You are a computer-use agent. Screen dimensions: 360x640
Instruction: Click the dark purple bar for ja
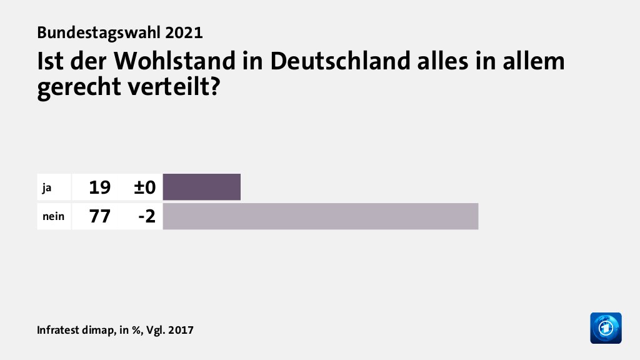click(x=201, y=187)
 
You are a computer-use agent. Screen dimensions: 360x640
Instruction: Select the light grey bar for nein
click(x=320, y=216)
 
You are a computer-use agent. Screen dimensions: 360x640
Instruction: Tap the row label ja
click(x=46, y=187)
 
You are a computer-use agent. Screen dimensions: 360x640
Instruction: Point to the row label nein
click(x=52, y=217)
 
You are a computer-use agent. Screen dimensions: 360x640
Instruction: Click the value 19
click(x=99, y=187)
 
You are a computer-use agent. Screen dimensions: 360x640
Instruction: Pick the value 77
click(x=99, y=217)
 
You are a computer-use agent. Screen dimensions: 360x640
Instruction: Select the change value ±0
click(x=144, y=187)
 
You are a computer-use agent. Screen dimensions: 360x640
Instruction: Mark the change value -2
click(x=147, y=217)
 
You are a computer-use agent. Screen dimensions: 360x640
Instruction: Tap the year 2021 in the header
click(x=184, y=32)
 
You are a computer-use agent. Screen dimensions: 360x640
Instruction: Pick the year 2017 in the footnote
click(x=181, y=329)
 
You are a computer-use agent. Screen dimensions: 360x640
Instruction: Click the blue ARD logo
click(x=606, y=327)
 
